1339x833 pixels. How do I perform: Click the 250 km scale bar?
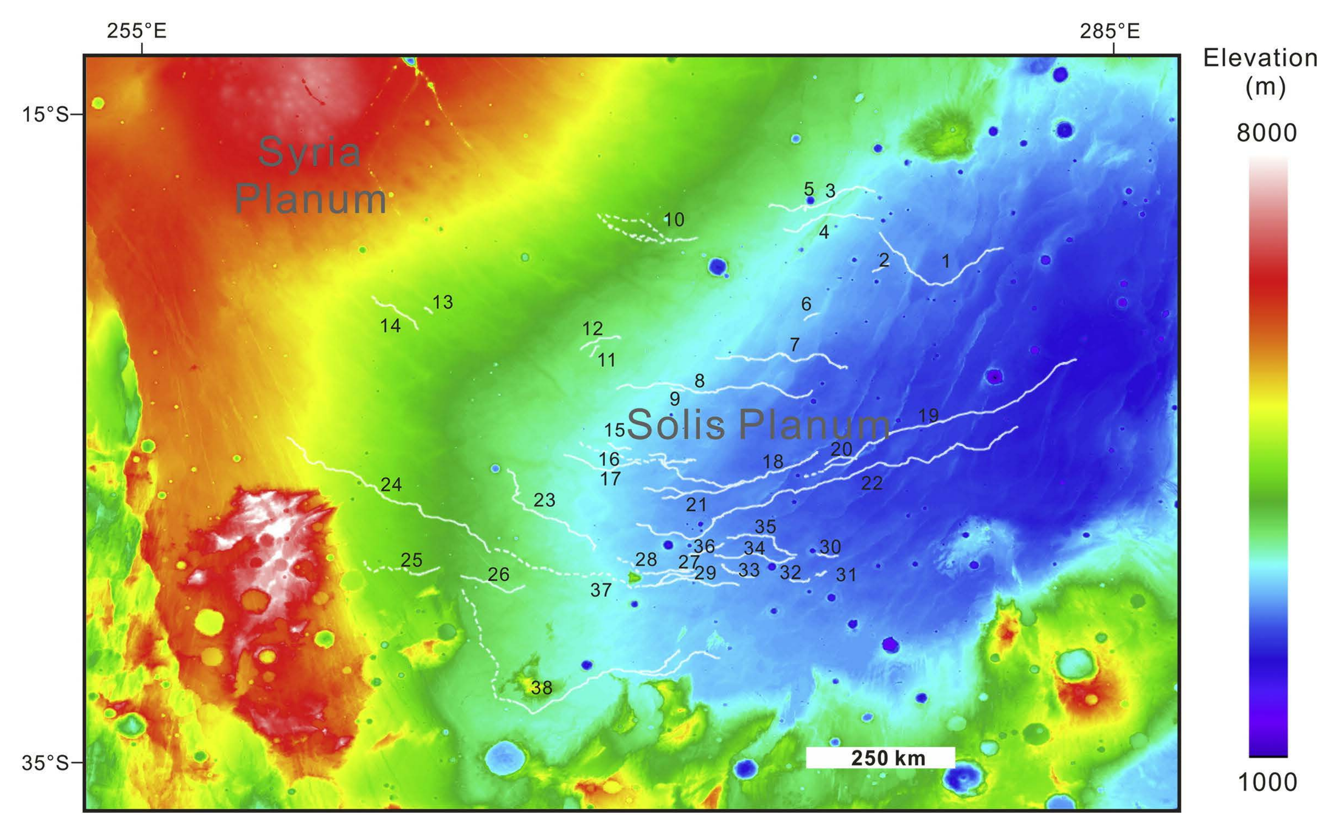[880, 757]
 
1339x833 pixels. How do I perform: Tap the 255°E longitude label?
[136, 31]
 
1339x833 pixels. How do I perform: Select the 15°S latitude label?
[45, 115]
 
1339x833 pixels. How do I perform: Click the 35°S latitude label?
[45, 763]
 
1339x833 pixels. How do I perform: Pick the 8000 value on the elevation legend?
[1266, 133]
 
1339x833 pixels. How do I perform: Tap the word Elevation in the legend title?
[1260, 58]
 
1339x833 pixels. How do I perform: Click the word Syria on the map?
[309, 153]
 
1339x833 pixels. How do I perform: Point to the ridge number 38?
[541, 688]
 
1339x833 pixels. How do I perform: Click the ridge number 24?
[391, 484]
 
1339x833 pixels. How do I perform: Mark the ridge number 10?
[674, 220]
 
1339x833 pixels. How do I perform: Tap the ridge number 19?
[928, 415]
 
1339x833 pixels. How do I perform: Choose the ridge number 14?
[390, 326]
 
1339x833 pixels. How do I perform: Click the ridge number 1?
[946, 261]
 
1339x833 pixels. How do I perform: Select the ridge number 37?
[600, 590]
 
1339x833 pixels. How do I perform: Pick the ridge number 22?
[871, 483]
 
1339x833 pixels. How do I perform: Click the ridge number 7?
[794, 344]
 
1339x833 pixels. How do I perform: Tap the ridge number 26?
[498, 574]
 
